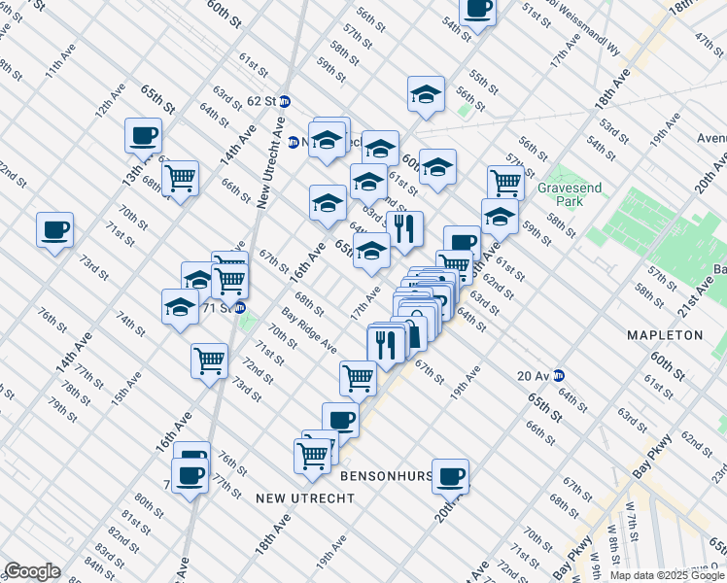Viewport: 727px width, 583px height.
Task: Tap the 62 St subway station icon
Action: [x=285, y=101]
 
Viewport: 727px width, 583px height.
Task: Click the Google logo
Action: [x=32, y=571]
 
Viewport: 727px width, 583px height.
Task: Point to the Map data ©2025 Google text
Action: [x=666, y=575]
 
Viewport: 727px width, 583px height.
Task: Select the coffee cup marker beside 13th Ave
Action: [x=143, y=136]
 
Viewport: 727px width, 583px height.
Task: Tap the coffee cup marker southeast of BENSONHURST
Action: [x=451, y=477]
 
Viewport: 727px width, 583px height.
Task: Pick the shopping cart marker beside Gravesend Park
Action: [x=505, y=181]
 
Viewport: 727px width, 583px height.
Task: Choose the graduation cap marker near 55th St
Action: [x=426, y=94]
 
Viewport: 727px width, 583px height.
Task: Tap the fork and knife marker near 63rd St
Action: [x=404, y=229]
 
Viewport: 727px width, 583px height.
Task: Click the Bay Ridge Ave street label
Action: [x=309, y=333]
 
